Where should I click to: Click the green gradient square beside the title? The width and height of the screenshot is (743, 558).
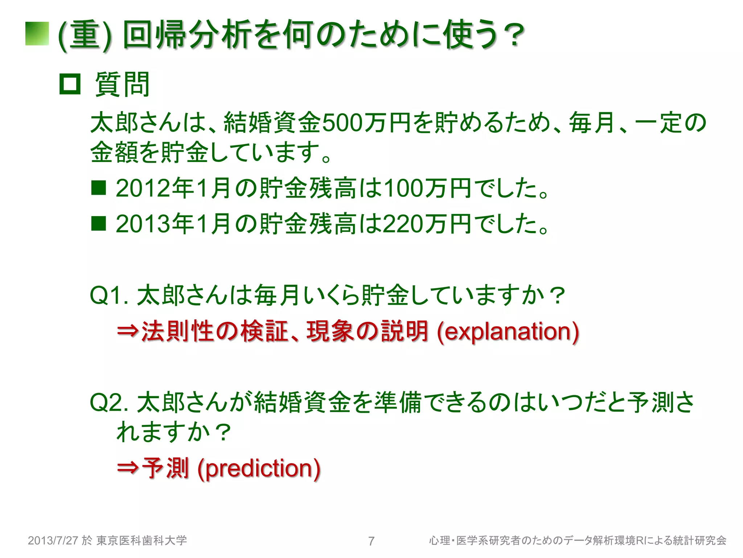[37, 34]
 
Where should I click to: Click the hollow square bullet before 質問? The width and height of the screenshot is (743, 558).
[70, 84]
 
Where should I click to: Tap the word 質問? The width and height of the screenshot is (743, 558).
[122, 84]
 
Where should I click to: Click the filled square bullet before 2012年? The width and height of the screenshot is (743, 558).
[98, 188]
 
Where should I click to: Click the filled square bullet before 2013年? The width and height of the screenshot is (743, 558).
[98, 223]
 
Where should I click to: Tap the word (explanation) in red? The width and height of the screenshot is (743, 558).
[508, 332]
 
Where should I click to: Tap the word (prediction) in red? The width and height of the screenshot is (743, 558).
[259, 468]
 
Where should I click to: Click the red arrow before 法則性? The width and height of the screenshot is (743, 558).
[128, 331]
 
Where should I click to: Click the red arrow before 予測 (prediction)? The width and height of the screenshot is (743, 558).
[128, 468]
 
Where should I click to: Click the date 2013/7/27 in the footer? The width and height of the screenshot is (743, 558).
[53, 541]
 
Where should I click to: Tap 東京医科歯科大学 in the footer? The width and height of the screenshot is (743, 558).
[141, 541]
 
